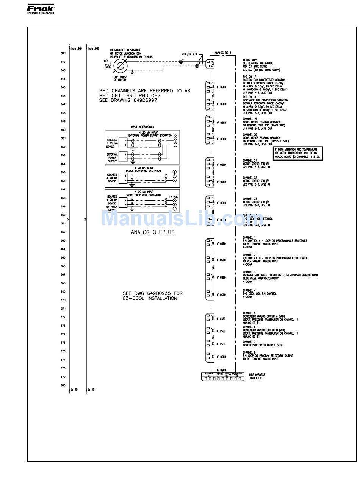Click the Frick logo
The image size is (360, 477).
[41, 9]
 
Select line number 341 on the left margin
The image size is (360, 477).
[63, 53]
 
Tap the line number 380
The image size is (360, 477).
[63, 385]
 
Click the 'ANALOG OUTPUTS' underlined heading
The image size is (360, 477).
[152, 232]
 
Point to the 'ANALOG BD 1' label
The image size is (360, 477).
[223, 53]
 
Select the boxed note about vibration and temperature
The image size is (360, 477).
[298, 153]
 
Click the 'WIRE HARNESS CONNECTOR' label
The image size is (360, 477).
[257, 376]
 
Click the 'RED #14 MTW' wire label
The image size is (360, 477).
[189, 54]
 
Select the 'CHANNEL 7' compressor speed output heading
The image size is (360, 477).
[249, 342]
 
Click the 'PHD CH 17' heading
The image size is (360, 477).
[249, 76]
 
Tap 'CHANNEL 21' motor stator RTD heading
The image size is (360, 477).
[249, 161]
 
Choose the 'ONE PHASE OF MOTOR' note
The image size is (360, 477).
[121, 78]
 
